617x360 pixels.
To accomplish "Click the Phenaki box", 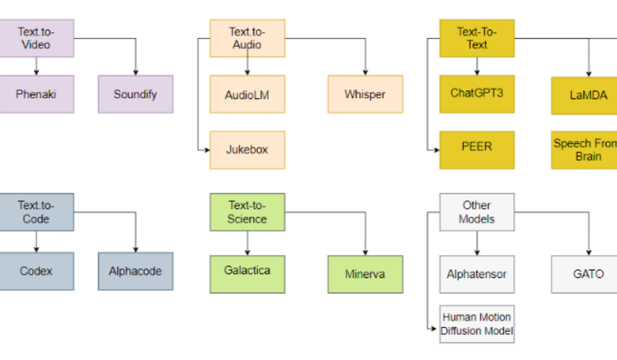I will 36,94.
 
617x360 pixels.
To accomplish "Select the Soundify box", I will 135,94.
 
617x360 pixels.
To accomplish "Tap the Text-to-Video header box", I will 36,38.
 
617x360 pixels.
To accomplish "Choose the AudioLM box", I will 247,94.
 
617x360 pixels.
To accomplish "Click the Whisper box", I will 365,94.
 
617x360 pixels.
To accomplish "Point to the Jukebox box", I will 247,150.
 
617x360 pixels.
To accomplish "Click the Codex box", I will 36,271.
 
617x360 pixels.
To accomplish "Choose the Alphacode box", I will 135,271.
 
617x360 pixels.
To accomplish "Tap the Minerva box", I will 365,274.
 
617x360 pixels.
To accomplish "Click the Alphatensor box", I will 476,274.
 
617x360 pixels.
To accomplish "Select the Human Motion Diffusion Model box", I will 476,324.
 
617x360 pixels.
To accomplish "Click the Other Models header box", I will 476,212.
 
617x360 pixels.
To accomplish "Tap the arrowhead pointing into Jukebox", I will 207,150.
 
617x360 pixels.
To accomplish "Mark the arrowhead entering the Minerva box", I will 365,252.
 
